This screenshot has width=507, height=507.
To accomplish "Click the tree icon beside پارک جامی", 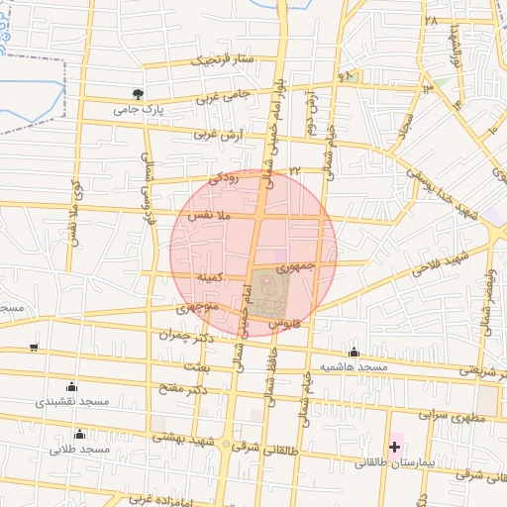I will coord(137,94).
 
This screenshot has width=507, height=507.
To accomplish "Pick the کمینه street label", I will coord(215,279).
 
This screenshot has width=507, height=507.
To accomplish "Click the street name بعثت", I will coord(197,366).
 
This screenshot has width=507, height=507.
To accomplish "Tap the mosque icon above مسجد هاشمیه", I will coord(354,353).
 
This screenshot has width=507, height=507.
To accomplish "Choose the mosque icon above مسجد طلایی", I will coord(79,435).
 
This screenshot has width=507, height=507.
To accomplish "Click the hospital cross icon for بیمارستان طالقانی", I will coord(394,448).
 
